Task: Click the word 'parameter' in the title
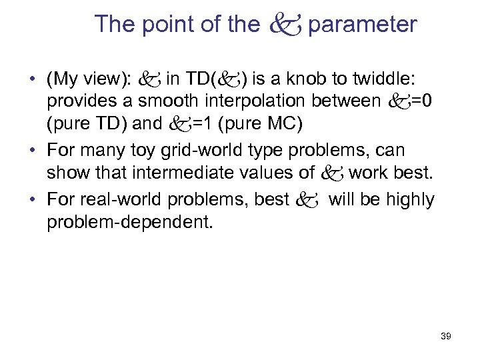click(363, 25)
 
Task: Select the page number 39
click(446, 337)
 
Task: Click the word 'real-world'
click(109, 199)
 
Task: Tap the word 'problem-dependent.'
click(130, 221)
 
